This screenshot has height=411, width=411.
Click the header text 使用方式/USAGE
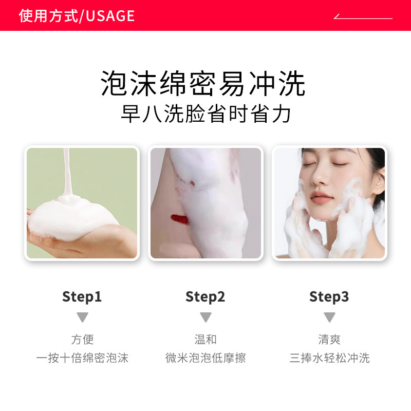(77, 16)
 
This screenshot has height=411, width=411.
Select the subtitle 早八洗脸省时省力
(206, 115)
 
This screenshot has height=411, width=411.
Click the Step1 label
(82, 296)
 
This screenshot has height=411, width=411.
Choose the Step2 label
(206, 296)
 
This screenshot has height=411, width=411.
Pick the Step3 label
(329, 296)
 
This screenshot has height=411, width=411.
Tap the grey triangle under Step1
(82, 317)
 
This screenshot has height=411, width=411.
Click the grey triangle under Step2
(206, 317)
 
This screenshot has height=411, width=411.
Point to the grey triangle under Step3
(329, 317)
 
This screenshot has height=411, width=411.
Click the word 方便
(82, 340)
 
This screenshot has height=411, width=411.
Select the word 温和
(206, 340)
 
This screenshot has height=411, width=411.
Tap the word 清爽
(329, 340)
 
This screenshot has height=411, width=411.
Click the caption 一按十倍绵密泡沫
(82, 358)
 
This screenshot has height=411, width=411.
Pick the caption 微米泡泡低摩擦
(206, 358)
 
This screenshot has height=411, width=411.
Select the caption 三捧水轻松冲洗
(329, 358)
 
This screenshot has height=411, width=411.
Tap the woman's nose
(321, 180)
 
